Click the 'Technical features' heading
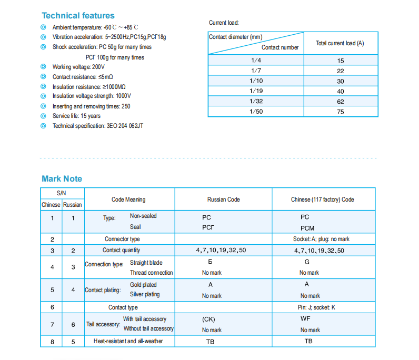pyautogui.click(x=78, y=15)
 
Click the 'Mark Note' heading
pyautogui.click(x=62, y=179)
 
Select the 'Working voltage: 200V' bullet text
pyautogui.click(x=78, y=67)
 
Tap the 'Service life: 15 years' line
pyautogui.click(x=76, y=116)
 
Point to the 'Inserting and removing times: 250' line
pyautogui.click(x=91, y=106)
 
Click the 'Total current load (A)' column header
pyautogui.click(x=340, y=43)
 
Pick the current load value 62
pyautogui.click(x=341, y=102)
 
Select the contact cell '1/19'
pyautogui.click(x=256, y=91)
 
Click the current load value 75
pyautogui.click(x=341, y=112)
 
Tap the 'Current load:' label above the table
pyautogui.click(x=224, y=23)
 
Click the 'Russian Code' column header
pyautogui.click(x=223, y=199)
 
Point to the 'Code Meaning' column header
pyautogui.click(x=128, y=199)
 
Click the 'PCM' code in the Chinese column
pyautogui.click(x=307, y=228)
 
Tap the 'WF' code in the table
pyautogui.click(x=305, y=318)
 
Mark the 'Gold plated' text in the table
pyautogui.click(x=143, y=285)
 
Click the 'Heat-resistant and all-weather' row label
pyautogui.click(x=128, y=341)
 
